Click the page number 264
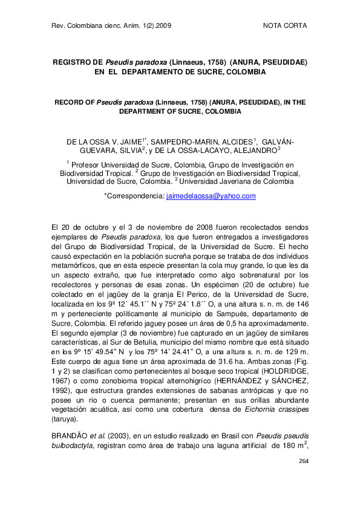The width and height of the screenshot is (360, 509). click(x=303, y=461)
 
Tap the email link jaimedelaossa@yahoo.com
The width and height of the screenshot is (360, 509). click(x=211, y=196)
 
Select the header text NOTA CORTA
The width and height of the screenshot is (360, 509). click(x=286, y=26)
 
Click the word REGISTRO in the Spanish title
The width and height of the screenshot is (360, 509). click(x=70, y=62)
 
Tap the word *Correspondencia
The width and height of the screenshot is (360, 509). click(x=134, y=196)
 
